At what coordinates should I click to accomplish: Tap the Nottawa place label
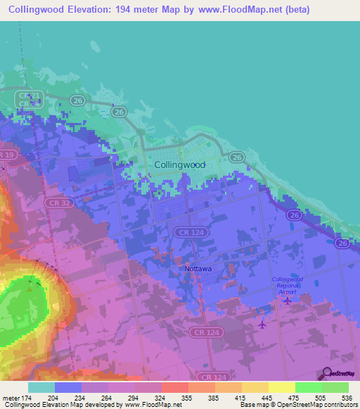198,268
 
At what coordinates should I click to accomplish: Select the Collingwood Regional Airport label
288,285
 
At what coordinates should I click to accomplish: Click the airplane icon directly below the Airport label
288,301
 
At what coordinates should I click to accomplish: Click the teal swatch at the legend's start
41,387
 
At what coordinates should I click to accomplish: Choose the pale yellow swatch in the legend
281,387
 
